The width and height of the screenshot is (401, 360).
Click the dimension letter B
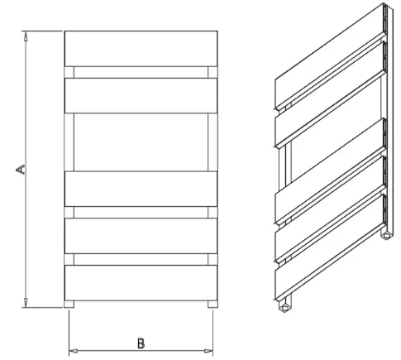coord(141,342)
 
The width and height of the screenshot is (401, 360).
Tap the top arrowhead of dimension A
coord(27,36)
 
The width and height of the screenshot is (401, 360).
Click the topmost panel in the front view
coord(141,48)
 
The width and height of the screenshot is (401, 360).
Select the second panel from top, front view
coord(141,95)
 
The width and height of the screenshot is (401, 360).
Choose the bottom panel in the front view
coord(141,283)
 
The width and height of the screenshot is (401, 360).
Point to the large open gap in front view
coord(141,142)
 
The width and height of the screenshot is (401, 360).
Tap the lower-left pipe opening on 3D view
coord(284,309)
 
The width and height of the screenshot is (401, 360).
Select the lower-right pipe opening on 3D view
coord(384,236)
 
